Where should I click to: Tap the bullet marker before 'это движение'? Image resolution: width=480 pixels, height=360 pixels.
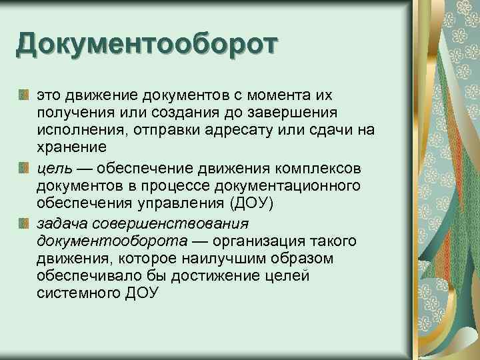pos(25,93)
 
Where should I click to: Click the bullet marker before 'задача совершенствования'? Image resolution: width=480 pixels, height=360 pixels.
pos(25,223)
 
